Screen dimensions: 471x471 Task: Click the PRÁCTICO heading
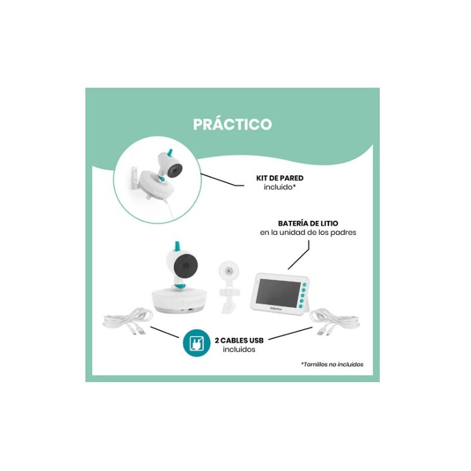[x=232, y=124]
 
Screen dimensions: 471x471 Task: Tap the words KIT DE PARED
[x=280, y=178]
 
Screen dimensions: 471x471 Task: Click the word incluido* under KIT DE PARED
[x=280, y=187]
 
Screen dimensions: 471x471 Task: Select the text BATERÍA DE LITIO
[x=308, y=223]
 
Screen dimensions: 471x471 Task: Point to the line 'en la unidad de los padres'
[x=308, y=233]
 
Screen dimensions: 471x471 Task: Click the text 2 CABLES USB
[x=239, y=340]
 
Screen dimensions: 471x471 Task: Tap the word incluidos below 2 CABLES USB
[x=239, y=349]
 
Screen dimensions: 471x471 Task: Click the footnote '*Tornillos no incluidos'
[x=332, y=364]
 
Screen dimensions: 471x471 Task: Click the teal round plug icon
[x=197, y=343]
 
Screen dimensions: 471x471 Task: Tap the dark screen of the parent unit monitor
[x=278, y=293]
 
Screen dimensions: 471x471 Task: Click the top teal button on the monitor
[x=304, y=284]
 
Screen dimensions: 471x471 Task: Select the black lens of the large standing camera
[x=184, y=266]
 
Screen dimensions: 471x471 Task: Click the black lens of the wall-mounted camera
[x=174, y=171]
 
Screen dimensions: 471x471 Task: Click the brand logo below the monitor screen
[x=274, y=309]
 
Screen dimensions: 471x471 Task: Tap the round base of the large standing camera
[x=178, y=300]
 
